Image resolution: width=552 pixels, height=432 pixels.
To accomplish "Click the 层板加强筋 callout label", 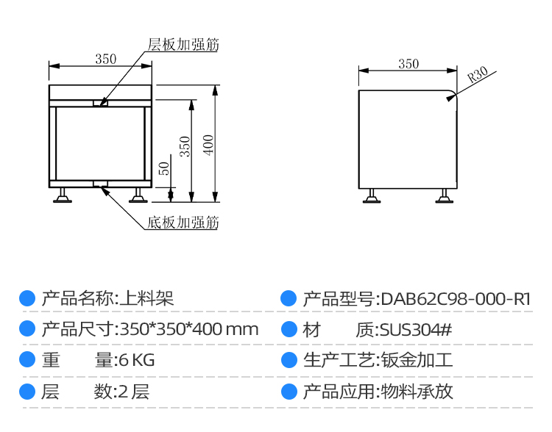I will point(183,45).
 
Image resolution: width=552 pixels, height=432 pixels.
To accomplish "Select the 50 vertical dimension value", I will point(164,168).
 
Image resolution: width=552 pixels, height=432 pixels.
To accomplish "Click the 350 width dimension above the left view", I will point(106,59).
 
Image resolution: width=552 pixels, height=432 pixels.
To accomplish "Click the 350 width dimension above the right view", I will point(408,64).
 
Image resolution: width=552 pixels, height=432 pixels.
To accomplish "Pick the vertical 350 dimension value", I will point(185,146).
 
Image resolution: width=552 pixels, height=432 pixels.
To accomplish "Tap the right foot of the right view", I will point(445,196).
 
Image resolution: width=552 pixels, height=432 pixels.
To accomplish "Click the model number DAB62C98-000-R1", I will point(455,299).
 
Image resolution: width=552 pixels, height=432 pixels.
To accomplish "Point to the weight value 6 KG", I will point(135,361).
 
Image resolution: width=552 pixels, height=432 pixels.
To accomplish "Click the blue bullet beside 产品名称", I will point(27,299).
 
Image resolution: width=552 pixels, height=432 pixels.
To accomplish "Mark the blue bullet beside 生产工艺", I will point(289,361).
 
